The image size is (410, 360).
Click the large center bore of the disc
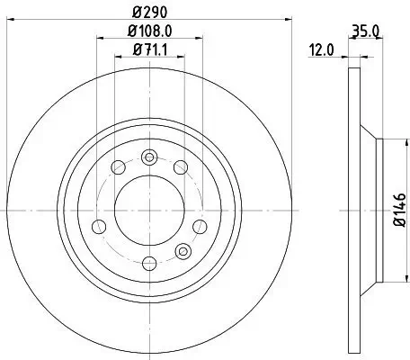(150, 211)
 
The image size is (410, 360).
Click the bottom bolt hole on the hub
(150, 263)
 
